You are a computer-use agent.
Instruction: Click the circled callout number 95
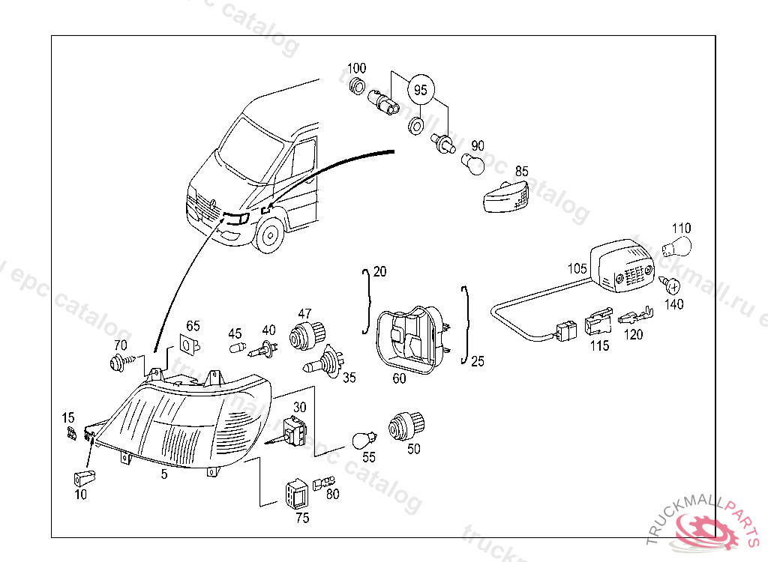[x=420, y=90]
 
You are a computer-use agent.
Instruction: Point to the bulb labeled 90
[x=474, y=163]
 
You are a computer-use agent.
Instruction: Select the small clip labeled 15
[x=72, y=433]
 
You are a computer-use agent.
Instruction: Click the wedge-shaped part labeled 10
[x=84, y=477]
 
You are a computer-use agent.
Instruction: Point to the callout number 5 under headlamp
[x=164, y=474]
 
